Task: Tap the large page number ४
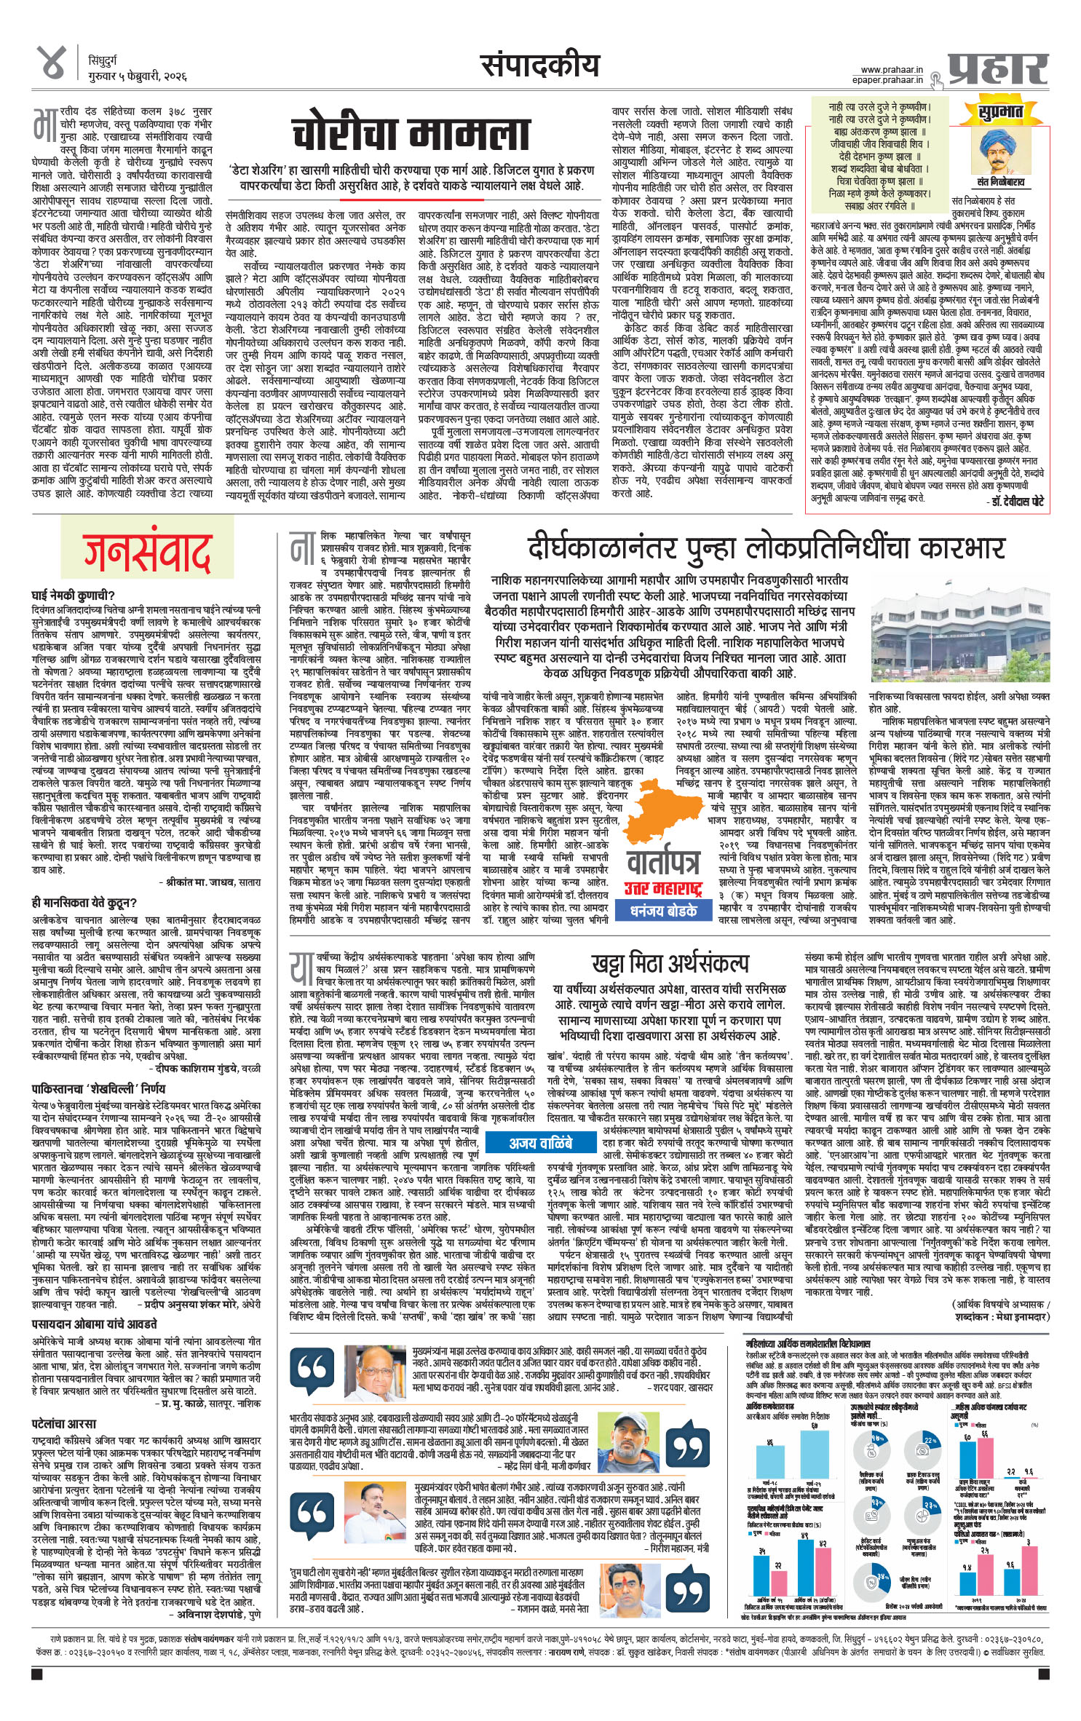[x=53, y=63]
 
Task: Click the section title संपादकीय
[x=540, y=66]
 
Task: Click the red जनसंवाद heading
[x=146, y=555]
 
